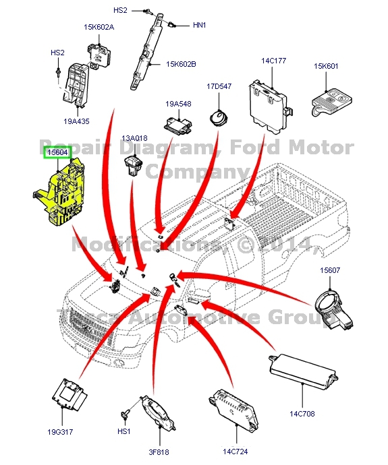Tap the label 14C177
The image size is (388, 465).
click(274, 61)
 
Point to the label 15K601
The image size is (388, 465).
click(327, 66)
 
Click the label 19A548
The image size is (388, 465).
click(179, 104)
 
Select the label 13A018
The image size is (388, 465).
click(134, 138)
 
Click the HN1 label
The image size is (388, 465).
click(200, 25)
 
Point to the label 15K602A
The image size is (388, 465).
click(99, 28)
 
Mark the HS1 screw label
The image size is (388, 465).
click(123, 431)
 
